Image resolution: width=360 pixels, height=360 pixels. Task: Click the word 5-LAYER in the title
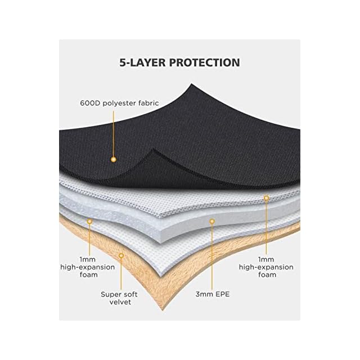pyautogui.click(x=146, y=62)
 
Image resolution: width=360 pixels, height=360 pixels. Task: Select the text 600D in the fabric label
pyautogui.click(x=89, y=103)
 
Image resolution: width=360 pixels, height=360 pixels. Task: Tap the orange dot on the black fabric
pyautogui.click(x=112, y=160)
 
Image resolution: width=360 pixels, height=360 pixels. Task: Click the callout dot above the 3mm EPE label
pyautogui.click(x=212, y=222)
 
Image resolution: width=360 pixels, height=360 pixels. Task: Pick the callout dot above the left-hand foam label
pyautogui.click(x=89, y=222)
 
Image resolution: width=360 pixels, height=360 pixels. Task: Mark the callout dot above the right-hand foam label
pyautogui.click(x=266, y=197)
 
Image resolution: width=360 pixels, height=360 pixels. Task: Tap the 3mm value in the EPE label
pyautogui.click(x=202, y=294)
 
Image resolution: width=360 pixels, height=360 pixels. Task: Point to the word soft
pyautogui.click(x=133, y=294)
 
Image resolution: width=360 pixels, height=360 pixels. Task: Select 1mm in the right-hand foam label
pyautogui.click(x=266, y=259)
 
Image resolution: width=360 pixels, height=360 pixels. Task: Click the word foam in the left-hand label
pyautogui.click(x=89, y=274)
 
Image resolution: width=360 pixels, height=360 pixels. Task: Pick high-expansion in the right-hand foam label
pyautogui.click(x=266, y=267)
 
